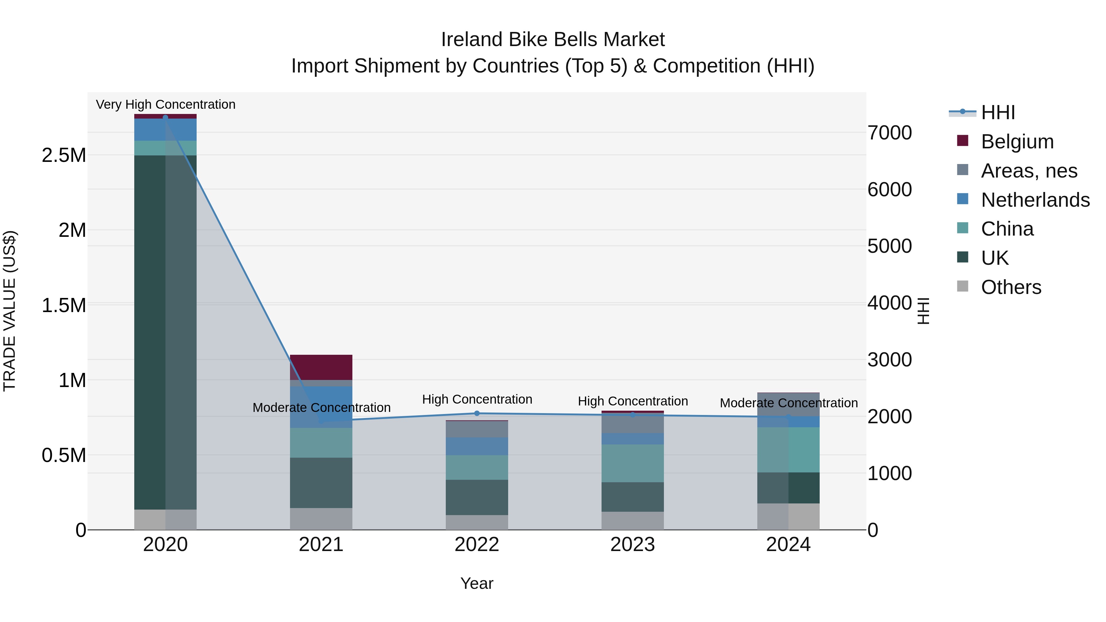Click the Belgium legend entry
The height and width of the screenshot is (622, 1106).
tap(1017, 142)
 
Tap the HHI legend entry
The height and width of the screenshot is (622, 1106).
tap(997, 112)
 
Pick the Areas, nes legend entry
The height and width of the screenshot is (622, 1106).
tap(1029, 171)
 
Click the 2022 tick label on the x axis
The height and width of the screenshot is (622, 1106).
tap(477, 545)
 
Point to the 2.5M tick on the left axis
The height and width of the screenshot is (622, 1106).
tap(64, 155)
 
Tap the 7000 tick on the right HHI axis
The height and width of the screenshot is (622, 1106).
tap(889, 133)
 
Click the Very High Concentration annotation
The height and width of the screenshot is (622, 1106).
tap(165, 104)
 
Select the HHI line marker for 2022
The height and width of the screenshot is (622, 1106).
tap(477, 413)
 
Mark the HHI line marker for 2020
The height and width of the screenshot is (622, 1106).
tap(165, 117)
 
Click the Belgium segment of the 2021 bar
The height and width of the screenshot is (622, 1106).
tap(321, 367)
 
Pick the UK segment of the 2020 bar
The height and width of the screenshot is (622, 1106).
tap(165, 332)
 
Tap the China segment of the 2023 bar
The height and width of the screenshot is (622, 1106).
tap(633, 463)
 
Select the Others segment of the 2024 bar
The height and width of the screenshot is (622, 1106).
tap(788, 516)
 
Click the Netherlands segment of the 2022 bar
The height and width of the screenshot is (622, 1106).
tap(477, 446)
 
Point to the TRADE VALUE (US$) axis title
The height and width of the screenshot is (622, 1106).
tap(10, 311)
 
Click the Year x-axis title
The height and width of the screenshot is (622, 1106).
tap(477, 583)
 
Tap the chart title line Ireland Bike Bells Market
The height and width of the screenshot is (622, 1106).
tap(553, 40)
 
